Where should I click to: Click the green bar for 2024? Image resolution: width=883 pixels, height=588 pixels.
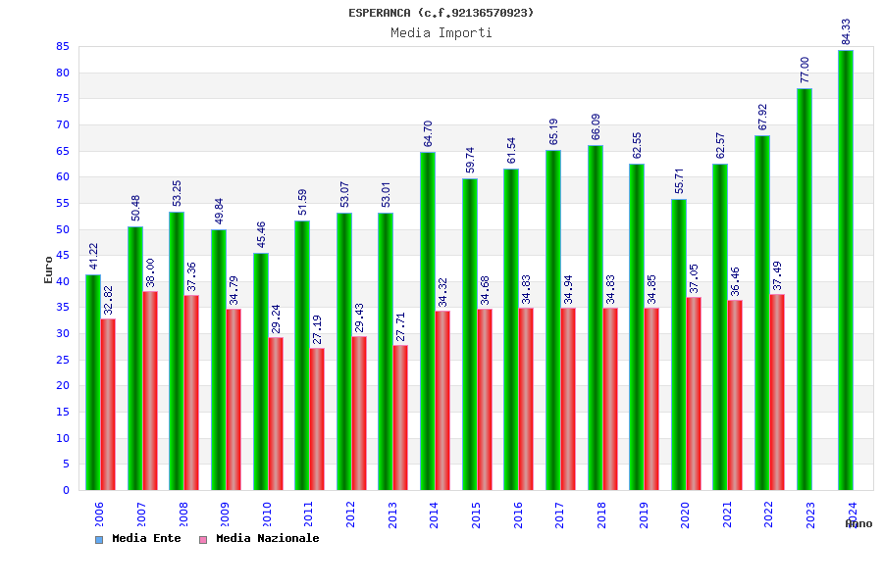846,269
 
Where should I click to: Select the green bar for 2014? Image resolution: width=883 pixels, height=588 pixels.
428,320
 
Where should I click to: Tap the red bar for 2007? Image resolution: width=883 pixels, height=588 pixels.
150,390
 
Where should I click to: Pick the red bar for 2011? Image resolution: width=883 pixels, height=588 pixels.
317,418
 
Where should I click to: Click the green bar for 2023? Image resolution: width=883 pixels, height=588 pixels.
805,289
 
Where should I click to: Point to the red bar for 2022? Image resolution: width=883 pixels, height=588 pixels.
777,392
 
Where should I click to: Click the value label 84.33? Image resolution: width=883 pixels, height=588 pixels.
847,31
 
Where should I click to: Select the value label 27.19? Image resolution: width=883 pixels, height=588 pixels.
318,329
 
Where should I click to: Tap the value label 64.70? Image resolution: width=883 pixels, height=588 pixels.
429,133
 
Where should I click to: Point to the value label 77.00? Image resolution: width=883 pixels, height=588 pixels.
805,70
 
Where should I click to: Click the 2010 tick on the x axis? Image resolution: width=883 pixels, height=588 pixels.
267,514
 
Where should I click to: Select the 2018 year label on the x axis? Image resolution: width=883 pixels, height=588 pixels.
601,514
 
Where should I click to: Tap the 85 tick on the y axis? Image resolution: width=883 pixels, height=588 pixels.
62,47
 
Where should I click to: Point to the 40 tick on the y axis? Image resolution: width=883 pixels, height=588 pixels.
62,281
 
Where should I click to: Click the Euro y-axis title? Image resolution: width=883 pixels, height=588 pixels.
49,269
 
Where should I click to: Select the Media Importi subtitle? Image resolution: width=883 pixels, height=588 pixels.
441,32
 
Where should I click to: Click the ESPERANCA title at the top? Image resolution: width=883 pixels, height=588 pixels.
441,13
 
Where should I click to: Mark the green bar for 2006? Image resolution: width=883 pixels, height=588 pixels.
92,382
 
